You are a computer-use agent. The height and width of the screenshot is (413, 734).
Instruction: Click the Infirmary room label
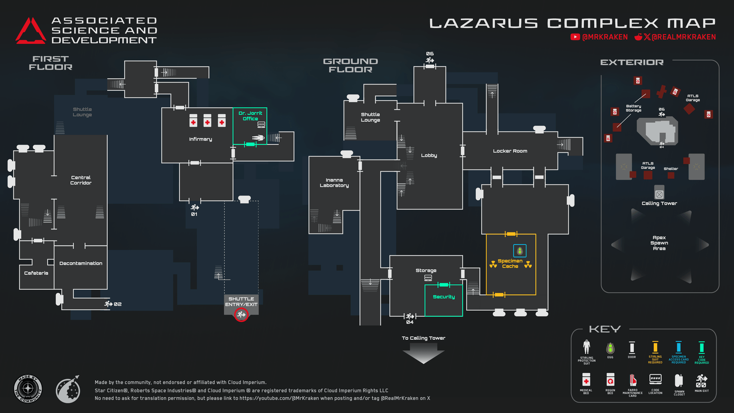point(200,139)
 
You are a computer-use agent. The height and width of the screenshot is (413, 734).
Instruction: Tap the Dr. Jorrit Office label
point(250,116)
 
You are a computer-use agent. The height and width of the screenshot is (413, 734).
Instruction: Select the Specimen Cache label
point(510,264)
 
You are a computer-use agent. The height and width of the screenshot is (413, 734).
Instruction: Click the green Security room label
point(444,297)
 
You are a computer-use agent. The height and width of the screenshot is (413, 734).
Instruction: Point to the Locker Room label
point(510,151)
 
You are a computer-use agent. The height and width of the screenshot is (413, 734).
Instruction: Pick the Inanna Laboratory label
point(334,183)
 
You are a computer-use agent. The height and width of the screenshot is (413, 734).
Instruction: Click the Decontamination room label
point(81,263)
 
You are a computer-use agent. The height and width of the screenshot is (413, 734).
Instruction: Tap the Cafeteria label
point(36,273)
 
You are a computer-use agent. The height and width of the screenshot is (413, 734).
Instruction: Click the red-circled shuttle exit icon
point(241,315)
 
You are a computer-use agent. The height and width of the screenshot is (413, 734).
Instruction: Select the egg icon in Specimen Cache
point(519,250)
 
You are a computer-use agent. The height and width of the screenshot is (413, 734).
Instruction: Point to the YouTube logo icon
point(575,37)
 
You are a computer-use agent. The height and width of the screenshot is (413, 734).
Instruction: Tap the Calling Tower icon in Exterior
point(659,194)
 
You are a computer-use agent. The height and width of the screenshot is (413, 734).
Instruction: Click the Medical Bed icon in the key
point(586,379)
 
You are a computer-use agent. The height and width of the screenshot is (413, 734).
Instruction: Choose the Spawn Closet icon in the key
point(679,380)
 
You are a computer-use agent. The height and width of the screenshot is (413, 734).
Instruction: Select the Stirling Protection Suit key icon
point(586,347)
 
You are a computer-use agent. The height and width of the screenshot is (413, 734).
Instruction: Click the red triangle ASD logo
point(30,31)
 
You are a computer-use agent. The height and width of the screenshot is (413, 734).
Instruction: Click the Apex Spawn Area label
point(659,243)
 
